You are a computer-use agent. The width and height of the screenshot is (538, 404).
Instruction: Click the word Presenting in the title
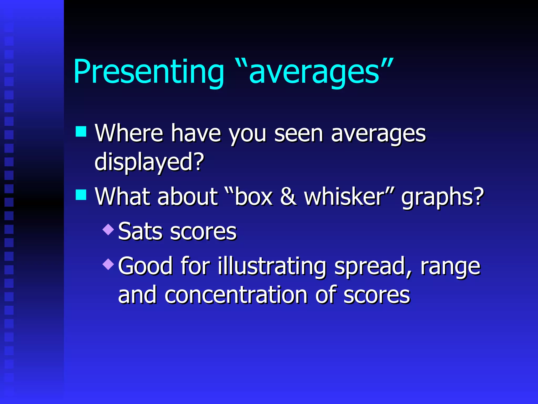click(x=149, y=72)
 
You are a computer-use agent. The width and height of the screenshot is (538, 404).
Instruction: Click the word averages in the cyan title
click(x=314, y=72)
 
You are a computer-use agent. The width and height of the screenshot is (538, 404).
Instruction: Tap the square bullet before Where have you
click(x=81, y=132)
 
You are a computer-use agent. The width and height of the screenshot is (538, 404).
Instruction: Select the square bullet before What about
click(x=81, y=195)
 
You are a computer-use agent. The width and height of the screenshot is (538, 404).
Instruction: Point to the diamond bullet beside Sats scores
click(x=108, y=229)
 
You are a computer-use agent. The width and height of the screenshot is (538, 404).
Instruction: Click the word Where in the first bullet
click(x=129, y=133)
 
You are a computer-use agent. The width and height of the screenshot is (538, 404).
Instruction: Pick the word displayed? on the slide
click(x=149, y=162)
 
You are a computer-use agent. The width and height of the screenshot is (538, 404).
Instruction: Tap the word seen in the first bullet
click(x=298, y=133)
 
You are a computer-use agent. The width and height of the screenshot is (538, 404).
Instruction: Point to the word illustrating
click(x=272, y=266)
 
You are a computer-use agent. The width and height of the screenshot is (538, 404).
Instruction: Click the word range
click(x=450, y=267)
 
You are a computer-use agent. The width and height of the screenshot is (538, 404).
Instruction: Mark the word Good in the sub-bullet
click(x=145, y=266)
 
